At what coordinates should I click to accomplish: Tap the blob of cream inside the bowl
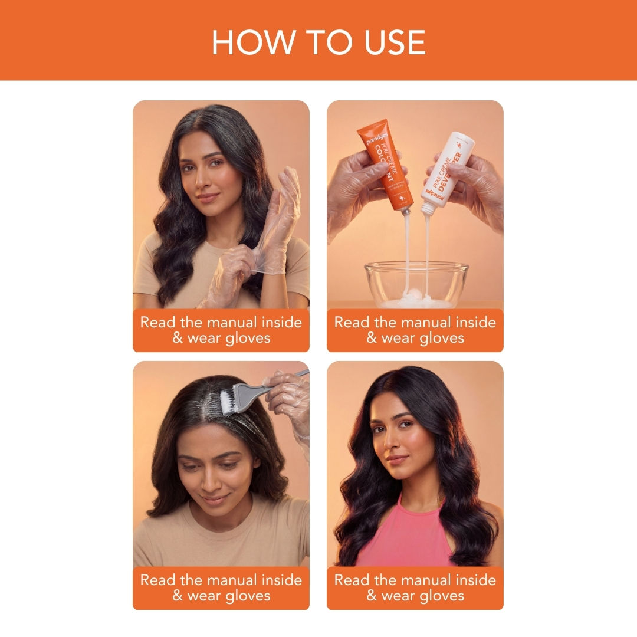tap(416, 298)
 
